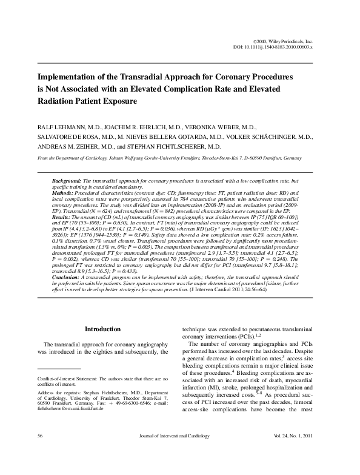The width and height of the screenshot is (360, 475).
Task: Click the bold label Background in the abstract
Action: tap(67, 181)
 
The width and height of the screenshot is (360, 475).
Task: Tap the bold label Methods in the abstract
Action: tap(64, 194)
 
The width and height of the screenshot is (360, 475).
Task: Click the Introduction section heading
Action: tap(102, 329)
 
